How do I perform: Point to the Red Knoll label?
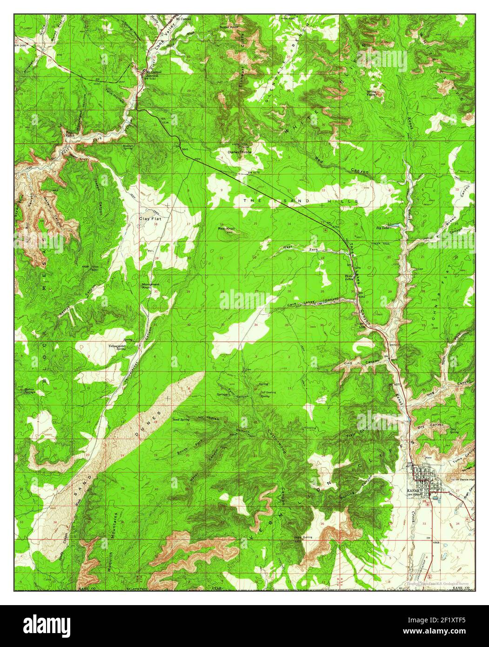click(x=227, y=229)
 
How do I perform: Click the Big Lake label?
click(x=382, y=228)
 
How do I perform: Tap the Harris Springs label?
click(x=30, y=390)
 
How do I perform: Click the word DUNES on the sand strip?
click(x=154, y=418)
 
